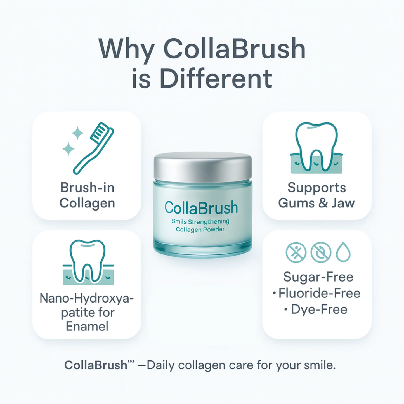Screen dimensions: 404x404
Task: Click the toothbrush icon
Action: point(94,148)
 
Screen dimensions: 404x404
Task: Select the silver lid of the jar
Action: point(203,166)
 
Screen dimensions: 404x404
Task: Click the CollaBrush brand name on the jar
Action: point(201,208)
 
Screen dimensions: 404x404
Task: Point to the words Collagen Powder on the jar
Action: point(200,230)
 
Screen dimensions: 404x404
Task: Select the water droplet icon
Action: point(343,252)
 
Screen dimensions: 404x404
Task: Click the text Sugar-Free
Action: point(318,277)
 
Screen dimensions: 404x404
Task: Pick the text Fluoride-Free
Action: point(320,293)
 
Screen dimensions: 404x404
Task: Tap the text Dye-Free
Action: point(319,310)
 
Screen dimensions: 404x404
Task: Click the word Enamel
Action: point(87,326)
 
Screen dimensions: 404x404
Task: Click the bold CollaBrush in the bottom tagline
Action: point(96,365)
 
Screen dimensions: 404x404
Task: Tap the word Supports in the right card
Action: point(316,188)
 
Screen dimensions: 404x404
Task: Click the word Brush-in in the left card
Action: point(87,188)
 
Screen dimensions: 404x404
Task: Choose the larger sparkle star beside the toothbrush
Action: point(68,149)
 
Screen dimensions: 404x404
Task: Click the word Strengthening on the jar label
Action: point(209,222)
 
